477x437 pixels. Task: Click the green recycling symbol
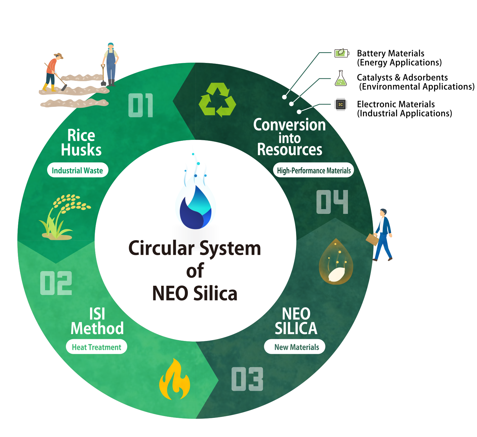(217, 100)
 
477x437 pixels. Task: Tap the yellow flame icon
(174, 380)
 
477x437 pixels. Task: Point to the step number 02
(56, 283)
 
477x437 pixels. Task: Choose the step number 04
(332, 202)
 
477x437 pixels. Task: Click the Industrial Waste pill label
(78, 170)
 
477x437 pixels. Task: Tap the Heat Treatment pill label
(97, 347)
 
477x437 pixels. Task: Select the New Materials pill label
(295, 347)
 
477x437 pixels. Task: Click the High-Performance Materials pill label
(313, 170)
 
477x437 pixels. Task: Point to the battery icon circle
(341, 53)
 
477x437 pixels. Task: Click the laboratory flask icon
(340, 79)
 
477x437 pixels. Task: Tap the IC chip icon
(340, 104)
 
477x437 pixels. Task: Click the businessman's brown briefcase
(372, 239)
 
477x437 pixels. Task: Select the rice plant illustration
(63, 218)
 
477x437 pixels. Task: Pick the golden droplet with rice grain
(336, 262)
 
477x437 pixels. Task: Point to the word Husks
(81, 150)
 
